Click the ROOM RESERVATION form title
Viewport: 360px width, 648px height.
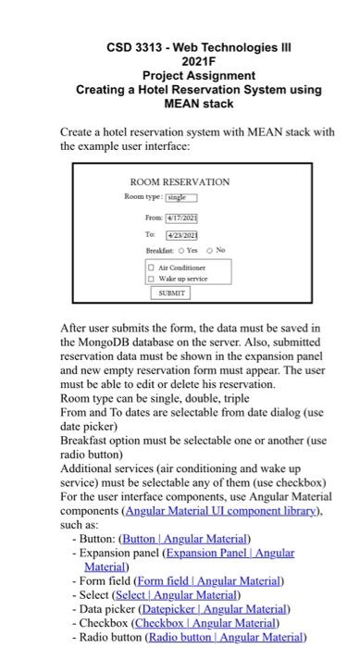click(180, 182)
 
